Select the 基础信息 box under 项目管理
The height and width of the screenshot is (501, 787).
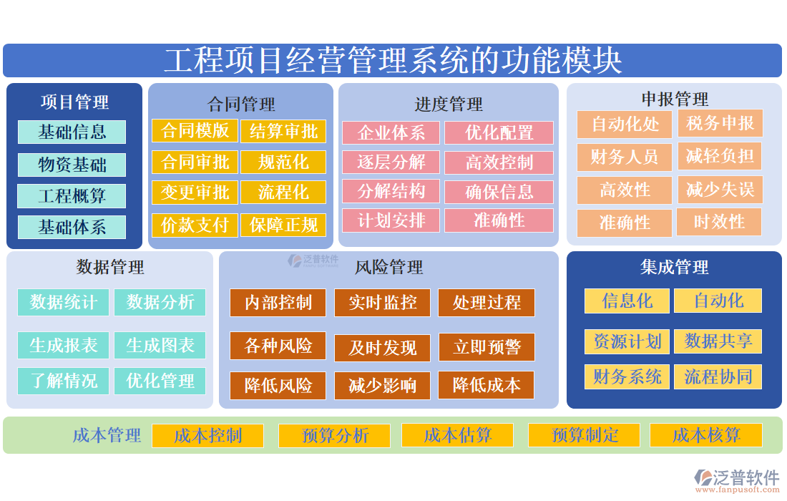(x=72, y=132)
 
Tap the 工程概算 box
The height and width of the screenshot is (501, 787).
(x=72, y=196)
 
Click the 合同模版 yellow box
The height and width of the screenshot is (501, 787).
(x=195, y=130)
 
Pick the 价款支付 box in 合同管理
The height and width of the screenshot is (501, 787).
(x=195, y=225)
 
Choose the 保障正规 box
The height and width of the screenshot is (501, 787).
(x=283, y=225)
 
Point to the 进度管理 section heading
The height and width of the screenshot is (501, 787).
(x=449, y=104)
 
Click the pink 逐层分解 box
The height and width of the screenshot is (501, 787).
(x=391, y=162)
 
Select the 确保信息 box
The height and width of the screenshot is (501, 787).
(x=499, y=192)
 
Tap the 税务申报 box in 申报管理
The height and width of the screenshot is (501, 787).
(x=720, y=124)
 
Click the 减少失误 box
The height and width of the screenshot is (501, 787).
(x=720, y=190)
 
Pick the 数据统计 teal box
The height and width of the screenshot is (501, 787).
(x=63, y=302)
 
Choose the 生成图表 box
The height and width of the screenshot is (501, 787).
(x=160, y=345)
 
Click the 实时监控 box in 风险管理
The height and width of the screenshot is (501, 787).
(x=382, y=303)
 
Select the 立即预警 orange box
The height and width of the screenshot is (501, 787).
(x=487, y=348)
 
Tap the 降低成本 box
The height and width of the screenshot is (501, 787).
(x=487, y=386)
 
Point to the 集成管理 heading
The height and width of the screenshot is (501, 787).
(x=674, y=268)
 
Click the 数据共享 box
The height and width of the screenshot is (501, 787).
(x=718, y=341)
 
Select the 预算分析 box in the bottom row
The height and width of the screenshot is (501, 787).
(x=335, y=435)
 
